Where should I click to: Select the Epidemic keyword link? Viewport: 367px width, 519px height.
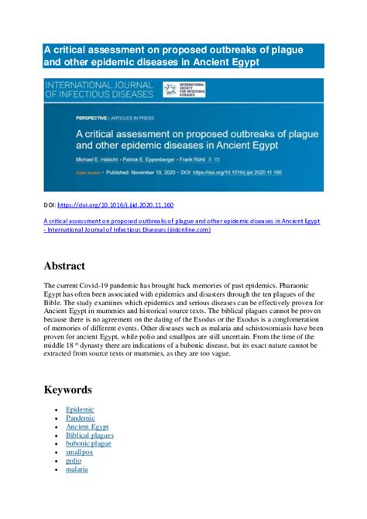80,409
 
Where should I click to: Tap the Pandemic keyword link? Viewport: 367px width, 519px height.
81,418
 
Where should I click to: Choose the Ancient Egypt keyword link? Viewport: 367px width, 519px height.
87,426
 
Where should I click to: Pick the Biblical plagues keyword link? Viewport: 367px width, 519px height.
90,435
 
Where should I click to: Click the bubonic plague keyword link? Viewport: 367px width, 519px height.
88,443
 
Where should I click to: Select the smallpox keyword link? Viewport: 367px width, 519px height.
79,452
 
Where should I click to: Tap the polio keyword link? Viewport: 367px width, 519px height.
73,460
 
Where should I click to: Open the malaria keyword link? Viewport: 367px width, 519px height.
77,469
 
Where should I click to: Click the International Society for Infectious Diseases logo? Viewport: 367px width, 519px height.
183,89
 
